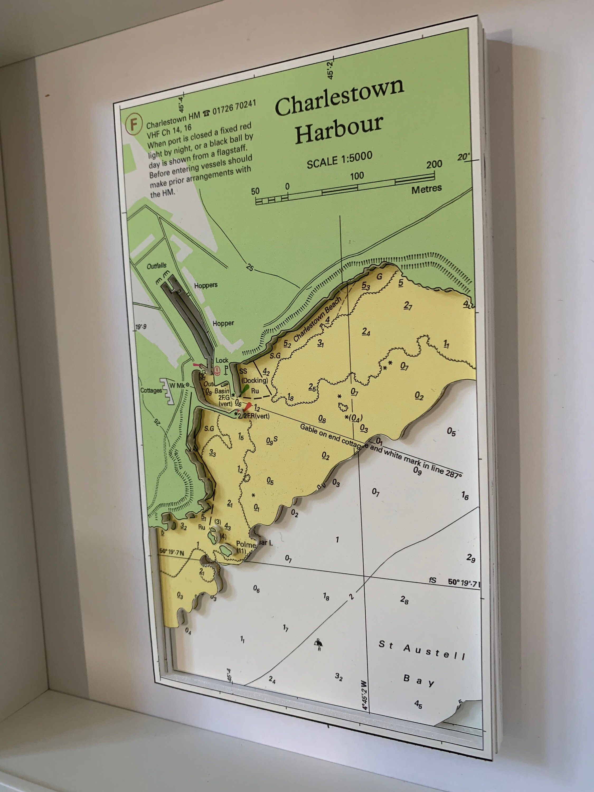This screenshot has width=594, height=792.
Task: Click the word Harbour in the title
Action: (339, 129)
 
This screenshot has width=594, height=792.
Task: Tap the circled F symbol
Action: (134, 124)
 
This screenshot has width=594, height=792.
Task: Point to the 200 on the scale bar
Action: (434, 164)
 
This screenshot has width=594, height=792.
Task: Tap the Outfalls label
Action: (157, 266)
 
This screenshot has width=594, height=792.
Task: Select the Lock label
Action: (222, 360)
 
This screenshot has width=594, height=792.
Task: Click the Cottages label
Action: (151, 390)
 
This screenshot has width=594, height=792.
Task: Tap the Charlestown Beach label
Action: (317, 320)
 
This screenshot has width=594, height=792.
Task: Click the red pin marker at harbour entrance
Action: (248, 406)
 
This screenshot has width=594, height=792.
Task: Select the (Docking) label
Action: (254, 380)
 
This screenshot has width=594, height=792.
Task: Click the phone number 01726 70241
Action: (234, 107)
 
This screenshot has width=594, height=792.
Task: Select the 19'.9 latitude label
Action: (140, 327)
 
